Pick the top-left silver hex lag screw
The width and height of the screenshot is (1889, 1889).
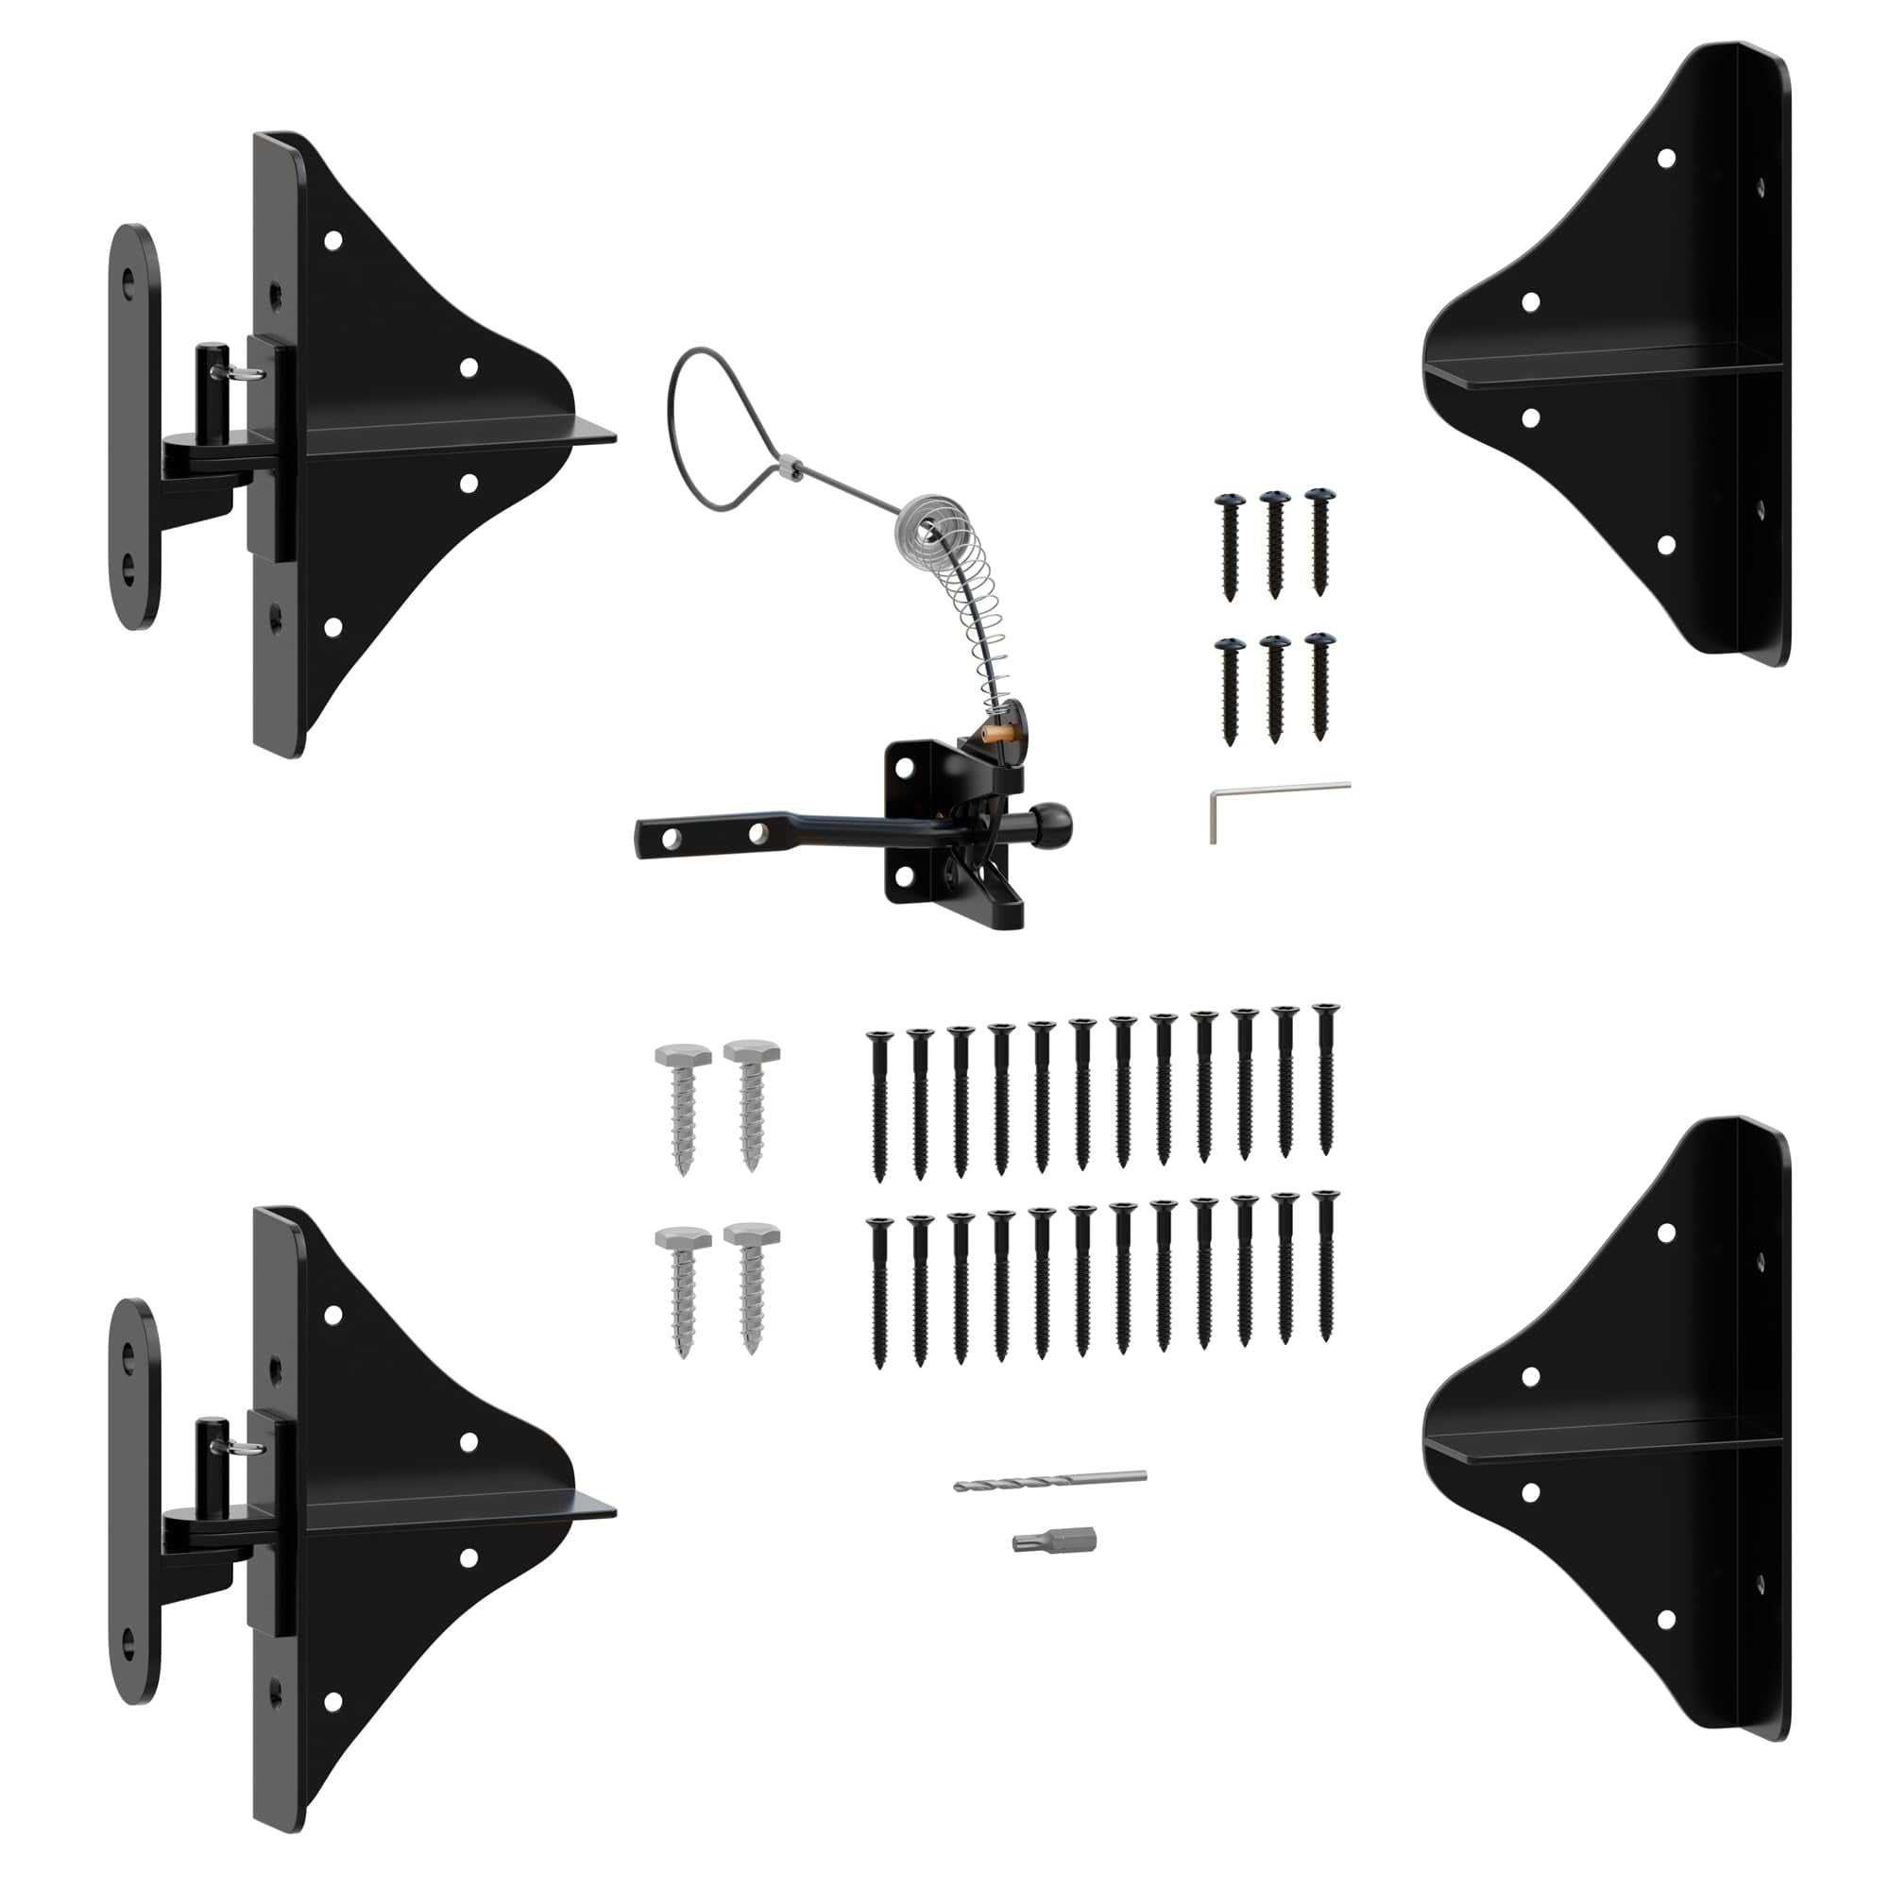(683, 1105)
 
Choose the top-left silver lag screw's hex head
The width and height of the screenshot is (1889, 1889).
(683, 1057)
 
